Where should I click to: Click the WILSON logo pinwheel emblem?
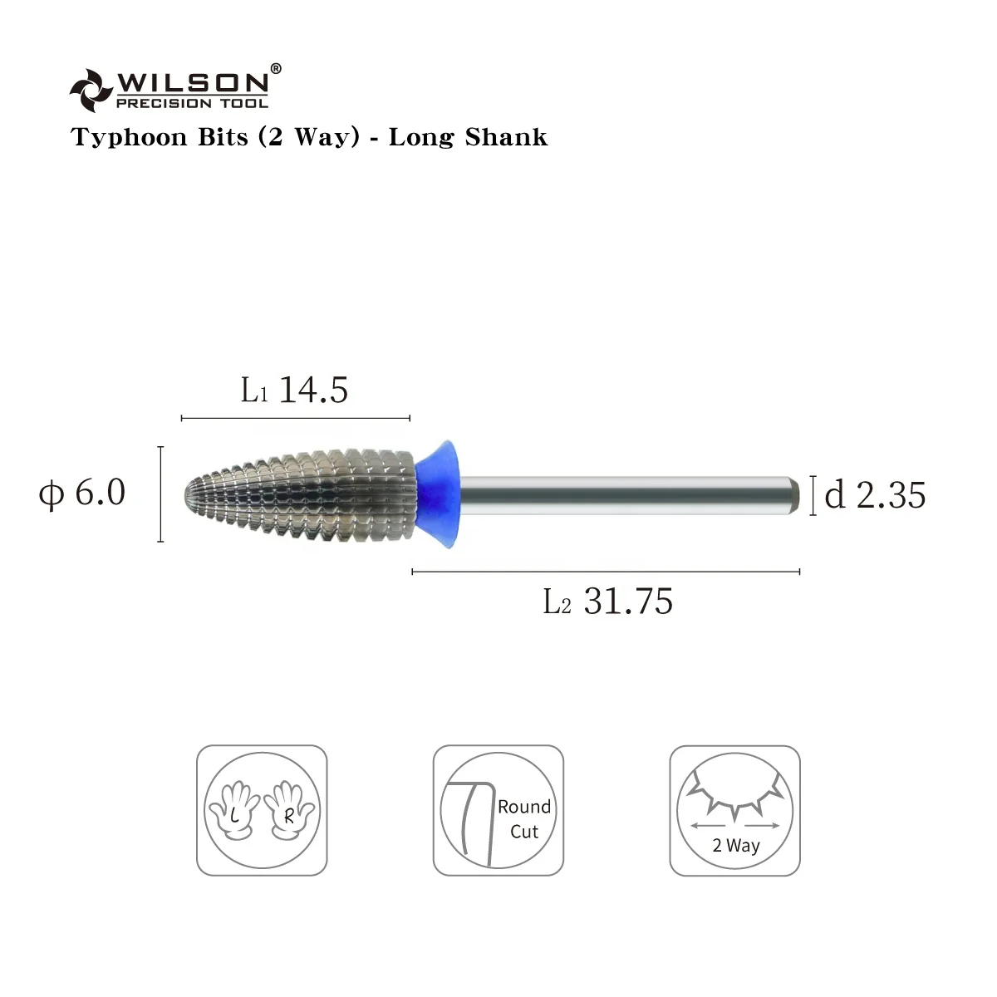(x=91, y=91)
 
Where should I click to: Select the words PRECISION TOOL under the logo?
(x=193, y=103)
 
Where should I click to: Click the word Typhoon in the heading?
(x=129, y=139)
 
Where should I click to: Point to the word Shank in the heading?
(x=505, y=137)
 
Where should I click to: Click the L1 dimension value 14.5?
(x=313, y=390)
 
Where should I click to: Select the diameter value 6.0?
(x=100, y=492)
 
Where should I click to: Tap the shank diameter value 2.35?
(x=891, y=496)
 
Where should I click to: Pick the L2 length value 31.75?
(x=628, y=602)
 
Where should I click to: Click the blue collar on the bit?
(x=438, y=494)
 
